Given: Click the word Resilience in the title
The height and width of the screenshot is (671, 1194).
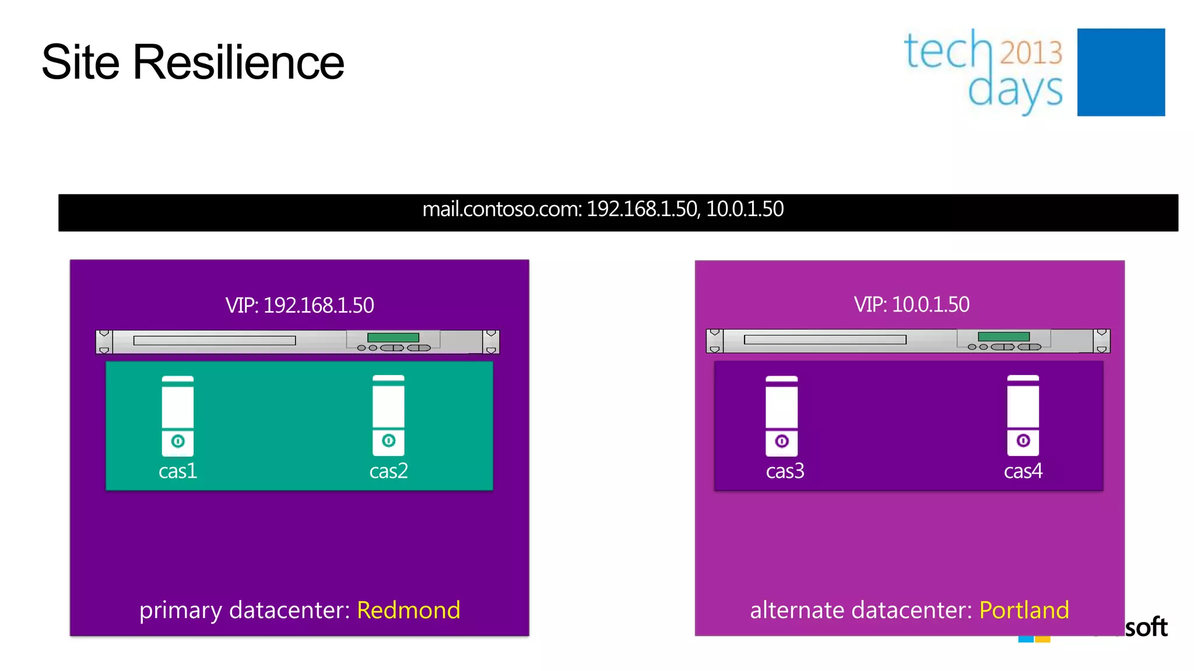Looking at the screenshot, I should tap(238, 62).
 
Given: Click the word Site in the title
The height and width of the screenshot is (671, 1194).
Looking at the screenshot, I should tap(80, 62).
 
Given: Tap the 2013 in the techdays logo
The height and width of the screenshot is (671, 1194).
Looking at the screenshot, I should tap(1031, 52).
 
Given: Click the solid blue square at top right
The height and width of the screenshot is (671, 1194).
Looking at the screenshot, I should tap(1121, 72).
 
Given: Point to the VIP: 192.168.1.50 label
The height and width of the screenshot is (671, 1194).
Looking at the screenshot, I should tap(300, 305).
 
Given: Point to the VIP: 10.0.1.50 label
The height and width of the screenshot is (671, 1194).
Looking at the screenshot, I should tap(911, 304).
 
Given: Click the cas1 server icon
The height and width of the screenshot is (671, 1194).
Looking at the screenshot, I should tap(178, 415).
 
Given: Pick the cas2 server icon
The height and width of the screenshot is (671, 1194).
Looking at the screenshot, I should tap(388, 415).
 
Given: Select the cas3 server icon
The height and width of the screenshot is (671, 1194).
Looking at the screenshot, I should tap(781, 415).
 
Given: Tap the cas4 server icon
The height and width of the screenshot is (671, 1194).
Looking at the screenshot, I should tap(1023, 415).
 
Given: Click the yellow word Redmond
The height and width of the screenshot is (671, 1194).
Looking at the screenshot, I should tap(408, 610).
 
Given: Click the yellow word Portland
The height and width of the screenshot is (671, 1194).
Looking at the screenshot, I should tap(1024, 610).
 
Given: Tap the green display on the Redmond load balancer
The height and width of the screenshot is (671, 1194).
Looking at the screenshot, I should tap(393, 338).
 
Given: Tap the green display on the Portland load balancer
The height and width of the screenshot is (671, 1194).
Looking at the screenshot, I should tap(1003, 337).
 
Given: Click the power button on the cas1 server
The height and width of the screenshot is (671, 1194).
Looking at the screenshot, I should tap(178, 442).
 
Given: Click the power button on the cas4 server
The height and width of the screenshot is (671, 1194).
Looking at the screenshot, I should tap(1023, 440).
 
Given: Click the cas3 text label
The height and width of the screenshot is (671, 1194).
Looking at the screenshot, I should tap(785, 471).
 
